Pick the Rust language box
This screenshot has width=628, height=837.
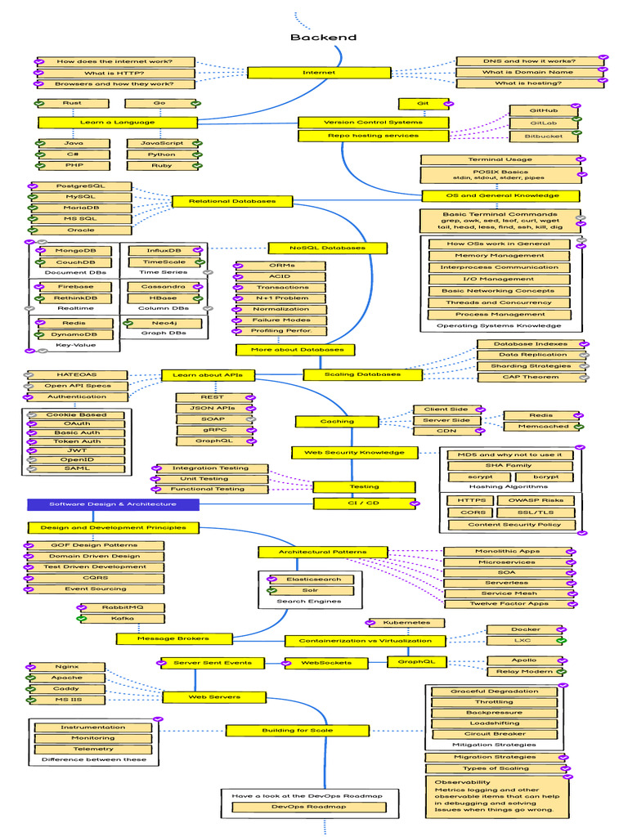click(x=72, y=104)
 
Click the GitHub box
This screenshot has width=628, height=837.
click(x=544, y=110)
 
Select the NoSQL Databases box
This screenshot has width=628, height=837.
click(x=327, y=248)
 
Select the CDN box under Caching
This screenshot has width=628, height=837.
click(x=446, y=431)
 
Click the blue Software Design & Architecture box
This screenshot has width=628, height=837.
click(x=113, y=504)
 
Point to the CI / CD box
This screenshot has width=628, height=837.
click(x=364, y=503)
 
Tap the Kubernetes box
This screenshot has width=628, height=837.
click(x=406, y=623)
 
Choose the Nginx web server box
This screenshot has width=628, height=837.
click(x=67, y=667)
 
